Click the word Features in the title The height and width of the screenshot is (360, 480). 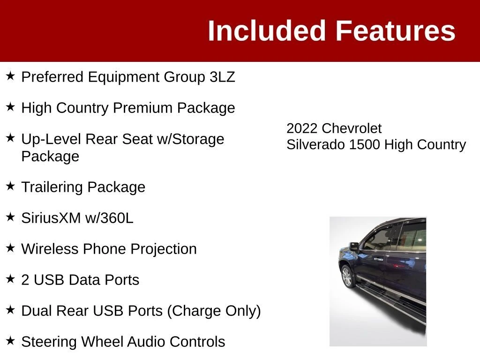396,30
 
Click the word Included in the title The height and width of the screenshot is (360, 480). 267,30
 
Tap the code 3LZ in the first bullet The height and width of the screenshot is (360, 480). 222,77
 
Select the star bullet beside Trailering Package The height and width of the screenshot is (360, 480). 10,186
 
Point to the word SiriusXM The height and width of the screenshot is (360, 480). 51,218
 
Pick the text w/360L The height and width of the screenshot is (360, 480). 109,218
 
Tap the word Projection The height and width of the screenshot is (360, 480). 164,249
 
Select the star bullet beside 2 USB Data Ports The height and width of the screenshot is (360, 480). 10,278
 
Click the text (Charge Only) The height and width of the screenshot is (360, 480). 214,311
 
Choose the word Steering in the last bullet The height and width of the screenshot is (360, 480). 49,342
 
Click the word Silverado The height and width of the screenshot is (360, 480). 315,145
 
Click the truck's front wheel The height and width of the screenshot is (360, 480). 347,277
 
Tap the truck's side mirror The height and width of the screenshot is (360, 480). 354,246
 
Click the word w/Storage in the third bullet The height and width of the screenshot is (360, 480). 190,139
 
